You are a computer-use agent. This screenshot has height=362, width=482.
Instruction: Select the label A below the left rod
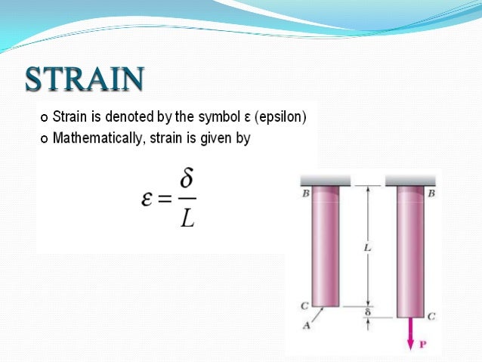click(x=305, y=326)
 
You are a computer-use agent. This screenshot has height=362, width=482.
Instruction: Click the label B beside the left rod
click(x=305, y=193)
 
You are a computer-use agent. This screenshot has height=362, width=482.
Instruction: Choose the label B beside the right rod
click(x=431, y=193)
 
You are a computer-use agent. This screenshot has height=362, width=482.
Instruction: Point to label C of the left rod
click(x=305, y=306)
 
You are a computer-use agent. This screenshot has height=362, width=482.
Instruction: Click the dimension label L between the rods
click(x=366, y=247)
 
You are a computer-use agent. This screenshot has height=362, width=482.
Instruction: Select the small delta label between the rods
click(x=367, y=311)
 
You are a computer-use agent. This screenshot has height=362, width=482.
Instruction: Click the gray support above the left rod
click(x=325, y=180)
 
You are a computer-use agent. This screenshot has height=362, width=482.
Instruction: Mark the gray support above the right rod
click(x=412, y=180)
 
